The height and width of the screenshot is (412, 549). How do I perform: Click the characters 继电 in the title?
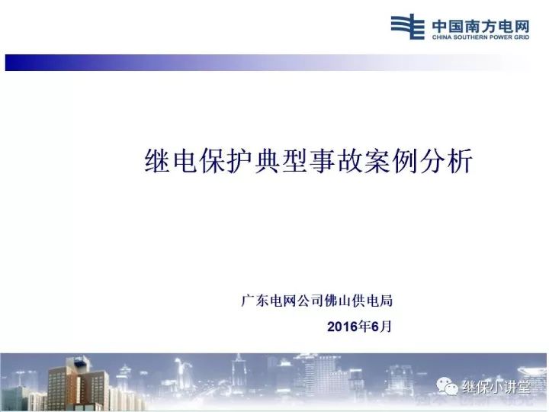(x=172, y=163)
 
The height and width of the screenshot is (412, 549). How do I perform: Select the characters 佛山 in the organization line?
(x=340, y=301)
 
